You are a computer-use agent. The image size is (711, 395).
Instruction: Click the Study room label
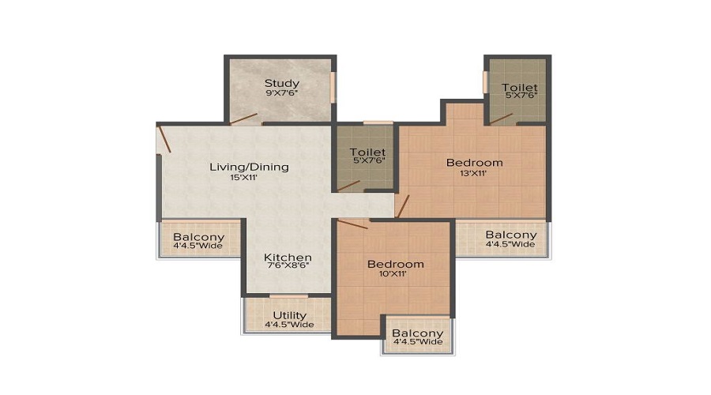click(x=281, y=83)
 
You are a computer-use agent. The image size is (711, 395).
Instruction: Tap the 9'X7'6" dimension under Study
click(x=281, y=93)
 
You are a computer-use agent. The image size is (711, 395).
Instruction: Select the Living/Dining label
click(x=249, y=167)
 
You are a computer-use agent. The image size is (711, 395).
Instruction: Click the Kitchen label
click(x=288, y=258)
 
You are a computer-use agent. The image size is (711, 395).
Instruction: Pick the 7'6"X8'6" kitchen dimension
click(x=288, y=268)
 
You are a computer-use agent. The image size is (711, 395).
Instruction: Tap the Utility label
click(x=289, y=315)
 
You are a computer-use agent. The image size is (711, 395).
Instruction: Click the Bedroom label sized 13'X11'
click(x=474, y=163)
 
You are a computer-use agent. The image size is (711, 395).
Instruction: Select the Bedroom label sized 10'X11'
click(x=396, y=264)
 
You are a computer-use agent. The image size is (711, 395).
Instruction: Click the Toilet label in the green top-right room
click(x=519, y=88)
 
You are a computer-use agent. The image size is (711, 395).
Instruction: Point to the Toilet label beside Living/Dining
click(x=367, y=152)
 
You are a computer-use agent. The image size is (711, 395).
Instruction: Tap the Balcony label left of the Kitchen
click(x=199, y=237)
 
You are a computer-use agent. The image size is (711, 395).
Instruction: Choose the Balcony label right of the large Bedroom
click(x=510, y=235)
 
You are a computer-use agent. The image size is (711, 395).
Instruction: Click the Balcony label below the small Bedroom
click(x=418, y=333)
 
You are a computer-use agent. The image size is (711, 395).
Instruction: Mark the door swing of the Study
click(x=243, y=119)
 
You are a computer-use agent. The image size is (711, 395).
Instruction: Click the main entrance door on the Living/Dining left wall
click(x=164, y=139)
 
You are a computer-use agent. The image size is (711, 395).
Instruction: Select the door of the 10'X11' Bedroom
click(x=352, y=224)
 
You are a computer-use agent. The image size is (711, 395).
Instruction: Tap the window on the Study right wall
click(x=333, y=87)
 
